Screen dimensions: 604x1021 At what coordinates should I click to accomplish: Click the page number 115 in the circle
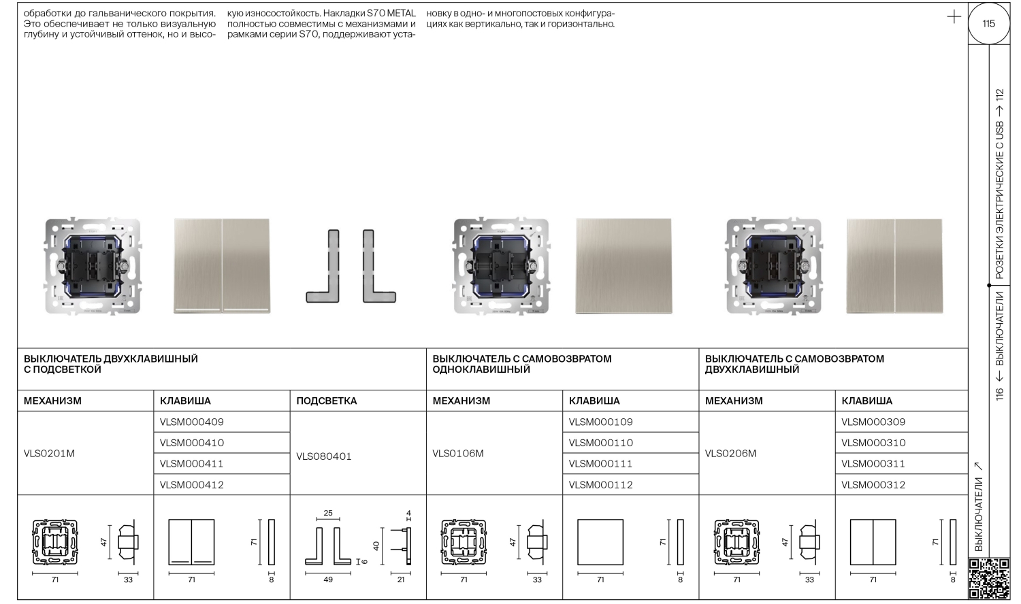pos(988,24)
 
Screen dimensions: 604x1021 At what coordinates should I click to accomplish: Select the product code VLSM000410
pos(192,443)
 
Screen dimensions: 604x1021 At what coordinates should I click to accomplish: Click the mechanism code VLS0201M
pos(49,454)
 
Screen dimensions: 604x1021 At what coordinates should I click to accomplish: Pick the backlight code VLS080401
pos(324,456)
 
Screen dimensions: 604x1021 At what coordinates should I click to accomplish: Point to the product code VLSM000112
pos(600,485)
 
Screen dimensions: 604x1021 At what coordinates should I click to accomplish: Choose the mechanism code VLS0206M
pos(730,454)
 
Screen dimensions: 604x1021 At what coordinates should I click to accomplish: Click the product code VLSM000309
pos(873,422)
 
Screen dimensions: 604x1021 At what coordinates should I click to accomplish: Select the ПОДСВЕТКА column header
pos(327,401)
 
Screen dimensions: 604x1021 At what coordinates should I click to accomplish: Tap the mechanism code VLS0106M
pos(458,454)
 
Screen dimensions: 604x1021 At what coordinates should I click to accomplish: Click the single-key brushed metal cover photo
pos(623,266)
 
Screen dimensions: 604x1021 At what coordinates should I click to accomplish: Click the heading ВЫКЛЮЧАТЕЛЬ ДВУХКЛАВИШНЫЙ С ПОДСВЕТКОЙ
pos(111,364)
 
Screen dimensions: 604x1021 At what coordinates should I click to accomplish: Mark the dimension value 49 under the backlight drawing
pos(328,580)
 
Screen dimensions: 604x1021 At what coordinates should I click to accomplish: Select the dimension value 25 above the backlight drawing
pos(328,513)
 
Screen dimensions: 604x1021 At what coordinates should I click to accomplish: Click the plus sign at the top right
pos(954,17)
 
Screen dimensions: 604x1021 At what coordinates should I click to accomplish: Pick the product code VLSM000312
pos(873,485)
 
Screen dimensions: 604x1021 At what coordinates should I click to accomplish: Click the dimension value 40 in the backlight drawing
pos(376,546)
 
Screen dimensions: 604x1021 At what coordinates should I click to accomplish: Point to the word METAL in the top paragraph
pos(401,14)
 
